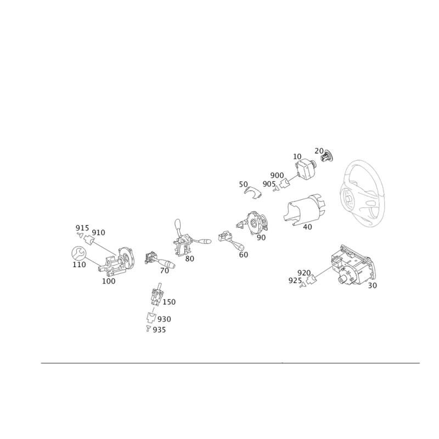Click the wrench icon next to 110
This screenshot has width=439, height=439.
(x=78, y=253)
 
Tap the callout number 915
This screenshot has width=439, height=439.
(x=82, y=228)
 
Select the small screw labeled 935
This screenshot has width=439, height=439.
(x=148, y=329)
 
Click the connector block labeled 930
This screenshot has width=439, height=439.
(x=151, y=318)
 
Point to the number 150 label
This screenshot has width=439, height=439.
(x=169, y=302)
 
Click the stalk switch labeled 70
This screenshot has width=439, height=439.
(x=159, y=260)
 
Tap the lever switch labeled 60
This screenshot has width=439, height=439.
(x=230, y=240)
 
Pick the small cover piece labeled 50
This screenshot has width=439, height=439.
(x=253, y=193)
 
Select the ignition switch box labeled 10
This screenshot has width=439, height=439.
(x=306, y=170)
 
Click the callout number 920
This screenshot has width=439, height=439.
(x=304, y=273)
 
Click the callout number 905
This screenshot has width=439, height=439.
(x=269, y=184)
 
